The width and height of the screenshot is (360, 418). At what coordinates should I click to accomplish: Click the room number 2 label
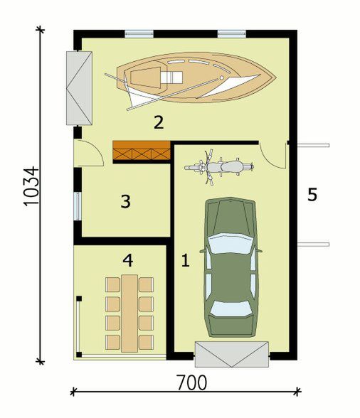tap(158, 122)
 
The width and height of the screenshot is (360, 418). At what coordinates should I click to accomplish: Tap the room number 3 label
tap(125, 202)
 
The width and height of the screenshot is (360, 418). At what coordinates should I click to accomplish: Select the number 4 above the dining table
tap(127, 261)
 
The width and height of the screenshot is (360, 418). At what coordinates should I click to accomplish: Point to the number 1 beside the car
tap(185, 261)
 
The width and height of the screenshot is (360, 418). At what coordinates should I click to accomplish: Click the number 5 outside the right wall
tap(312, 195)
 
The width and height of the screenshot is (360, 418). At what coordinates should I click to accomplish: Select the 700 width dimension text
tap(189, 382)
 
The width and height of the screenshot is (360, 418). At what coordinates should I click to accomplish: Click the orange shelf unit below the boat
tap(141, 152)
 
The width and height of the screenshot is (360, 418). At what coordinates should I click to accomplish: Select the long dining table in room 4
tap(129, 313)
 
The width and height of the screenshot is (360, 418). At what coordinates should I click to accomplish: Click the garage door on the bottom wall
tap(232, 353)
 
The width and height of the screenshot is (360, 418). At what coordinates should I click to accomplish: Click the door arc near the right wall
tap(272, 152)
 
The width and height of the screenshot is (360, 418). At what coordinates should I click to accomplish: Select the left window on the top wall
tap(139, 33)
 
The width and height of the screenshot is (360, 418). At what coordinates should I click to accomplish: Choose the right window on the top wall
tap(231, 33)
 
